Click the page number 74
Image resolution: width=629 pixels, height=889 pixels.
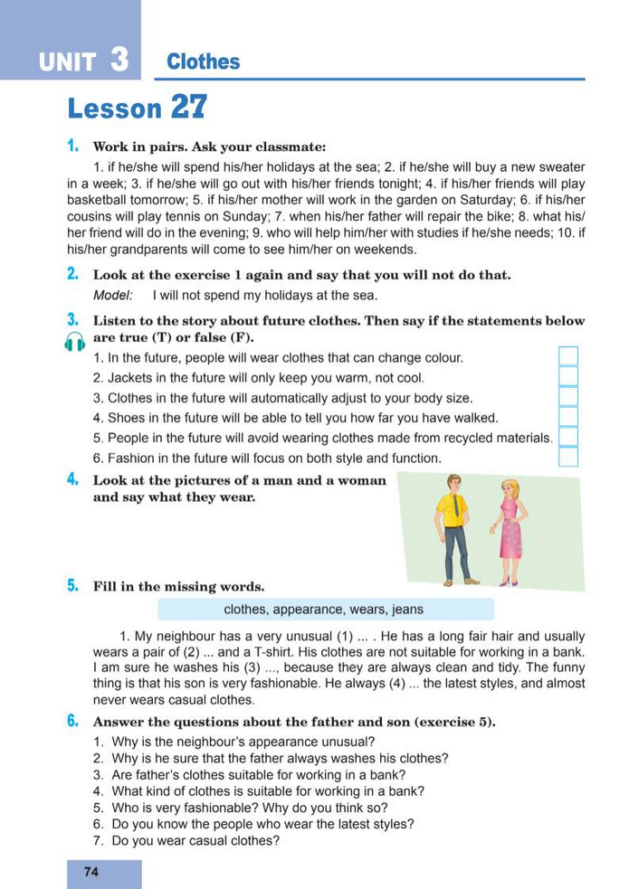tap(91, 872)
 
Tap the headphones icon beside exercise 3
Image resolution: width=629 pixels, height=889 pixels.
tap(75, 340)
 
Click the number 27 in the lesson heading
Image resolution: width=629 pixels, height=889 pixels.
tap(187, 108)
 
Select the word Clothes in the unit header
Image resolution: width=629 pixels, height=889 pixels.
tap(204, 61)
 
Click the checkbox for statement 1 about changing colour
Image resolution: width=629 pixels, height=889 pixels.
tap(567, 356)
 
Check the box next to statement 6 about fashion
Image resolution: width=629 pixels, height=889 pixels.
tap(567, 457)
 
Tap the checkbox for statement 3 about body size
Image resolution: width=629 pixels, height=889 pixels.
tap(567, 397)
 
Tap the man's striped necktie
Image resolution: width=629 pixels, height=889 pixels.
tap(456, 506)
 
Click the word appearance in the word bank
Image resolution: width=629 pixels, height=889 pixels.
tap(309, 610)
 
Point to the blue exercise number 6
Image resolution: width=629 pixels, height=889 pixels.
tap(71, 721)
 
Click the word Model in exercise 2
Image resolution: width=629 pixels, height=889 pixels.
tap(112, 296)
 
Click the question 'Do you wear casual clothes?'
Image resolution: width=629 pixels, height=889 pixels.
tap(195, 840)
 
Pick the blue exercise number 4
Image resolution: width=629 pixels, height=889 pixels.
tap(71, 480)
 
